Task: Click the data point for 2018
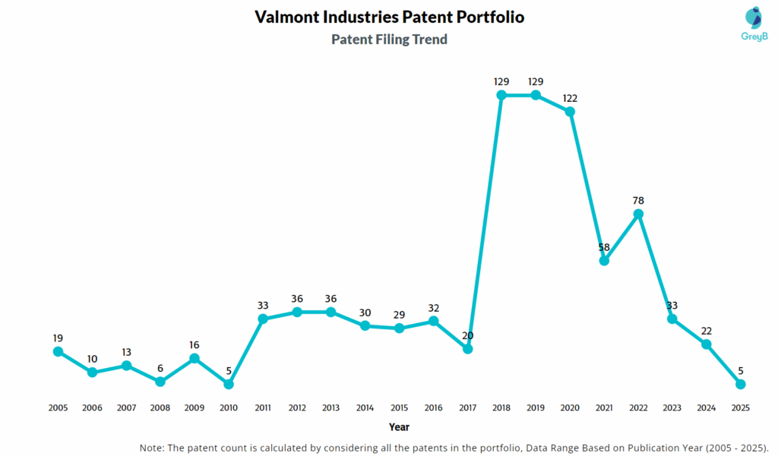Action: (x=501, y=95)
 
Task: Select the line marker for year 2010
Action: (x=229, y=384)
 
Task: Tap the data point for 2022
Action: (x=638, y=214)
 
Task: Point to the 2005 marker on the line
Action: (x=58, y=351)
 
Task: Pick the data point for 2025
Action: (x=741, y=384)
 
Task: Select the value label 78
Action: (x=638, y=200)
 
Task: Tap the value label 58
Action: (x=604, y=246)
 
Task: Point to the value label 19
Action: (x=58, y=338)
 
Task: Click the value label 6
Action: (x=160, y=368)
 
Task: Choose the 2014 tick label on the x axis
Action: (x=365, y=408)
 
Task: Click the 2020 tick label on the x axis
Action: (x=570, y=408)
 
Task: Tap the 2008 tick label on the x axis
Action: (x=160, y=408)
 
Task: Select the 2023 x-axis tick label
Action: (x=672, y=408)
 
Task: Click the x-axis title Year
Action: (x=400, y=427)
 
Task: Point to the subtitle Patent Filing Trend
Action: (x=389, y=40)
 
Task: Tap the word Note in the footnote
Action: (x=154, y=447)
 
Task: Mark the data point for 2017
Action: (x=467, y=348)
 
